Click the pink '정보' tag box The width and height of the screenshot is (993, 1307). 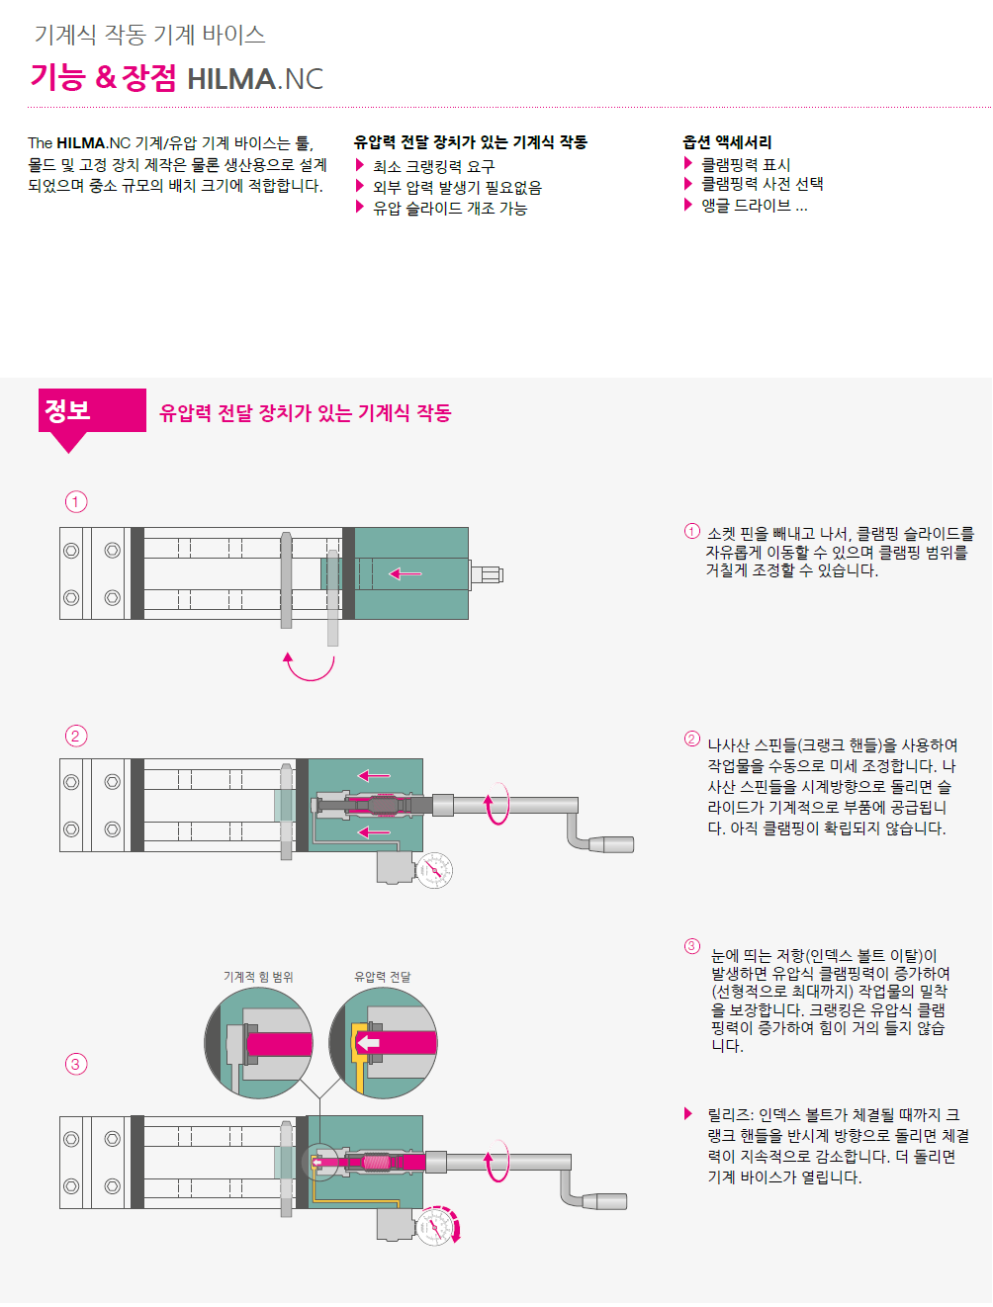click(92, 410)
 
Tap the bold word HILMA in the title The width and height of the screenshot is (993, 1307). click(231, 79)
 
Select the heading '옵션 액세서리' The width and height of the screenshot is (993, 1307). click(727, 142)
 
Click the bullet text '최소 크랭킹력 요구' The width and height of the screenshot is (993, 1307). click(433, 167)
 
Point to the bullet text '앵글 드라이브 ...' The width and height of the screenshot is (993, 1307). click(754, 206)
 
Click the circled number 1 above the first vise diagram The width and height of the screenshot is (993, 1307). click(75, 502)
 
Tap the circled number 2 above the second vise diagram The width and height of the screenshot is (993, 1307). click(75, 736)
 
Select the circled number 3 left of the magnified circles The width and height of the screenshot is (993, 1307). click(75, 1064)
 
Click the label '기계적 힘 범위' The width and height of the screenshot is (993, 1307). click(258, 977)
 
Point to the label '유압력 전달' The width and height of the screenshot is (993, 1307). click(383, 977)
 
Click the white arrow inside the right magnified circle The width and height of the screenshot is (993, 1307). click(368, 1043)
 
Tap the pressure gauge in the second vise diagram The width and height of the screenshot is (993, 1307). click(434, 871)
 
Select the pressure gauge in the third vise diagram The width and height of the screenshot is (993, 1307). click(434, 1228)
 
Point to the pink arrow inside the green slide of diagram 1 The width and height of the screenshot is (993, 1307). click(406, 574)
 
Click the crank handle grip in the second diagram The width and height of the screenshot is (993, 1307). click(611, 844)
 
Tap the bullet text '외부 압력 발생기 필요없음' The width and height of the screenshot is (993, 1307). click(458, 188)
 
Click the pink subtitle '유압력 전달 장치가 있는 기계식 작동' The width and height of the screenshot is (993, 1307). click(305, 412)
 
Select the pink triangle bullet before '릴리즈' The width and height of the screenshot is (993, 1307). click(688, 1113)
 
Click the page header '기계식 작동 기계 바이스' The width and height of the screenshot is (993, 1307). click(149, 35)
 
